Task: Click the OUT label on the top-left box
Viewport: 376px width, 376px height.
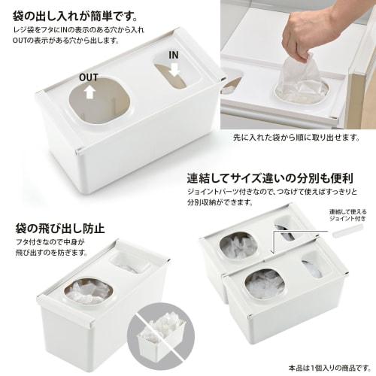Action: click(89, 77)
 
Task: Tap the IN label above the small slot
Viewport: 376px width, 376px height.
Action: click(174, 56)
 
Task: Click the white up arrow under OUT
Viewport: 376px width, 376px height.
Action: click(89, 92)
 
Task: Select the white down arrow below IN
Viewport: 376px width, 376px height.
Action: click(174, 69)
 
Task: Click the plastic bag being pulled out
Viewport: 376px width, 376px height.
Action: click(299, 79)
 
